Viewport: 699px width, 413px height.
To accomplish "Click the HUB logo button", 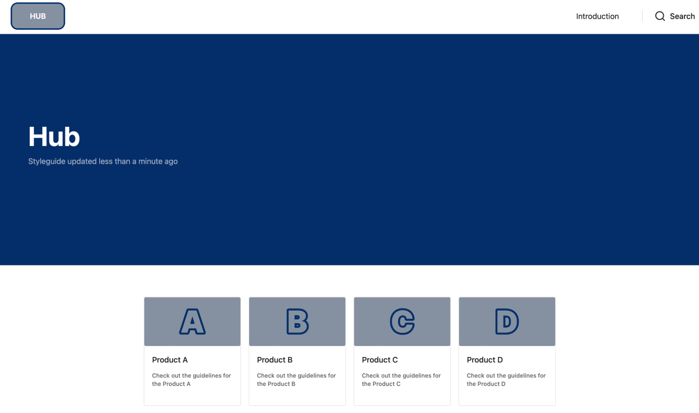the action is pyautogui.click(x=38, y=16).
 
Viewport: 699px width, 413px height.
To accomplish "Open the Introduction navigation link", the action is pyautogui.click(x=597, y=16).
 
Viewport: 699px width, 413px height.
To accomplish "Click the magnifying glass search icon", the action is pyautogui.click(x=660, y=16).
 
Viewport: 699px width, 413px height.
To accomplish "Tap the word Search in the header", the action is pyautogui.click(x=682, y=16).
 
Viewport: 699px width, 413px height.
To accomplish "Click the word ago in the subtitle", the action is pyautogui.click(x=171, y=162).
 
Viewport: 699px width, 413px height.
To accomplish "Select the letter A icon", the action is pyautogui.click(x=192, y=322).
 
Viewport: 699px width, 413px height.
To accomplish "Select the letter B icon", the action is pyautogui.click(x=298, y=322).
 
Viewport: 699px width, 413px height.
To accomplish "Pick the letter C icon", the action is pyautogui.click(x=402, y=322).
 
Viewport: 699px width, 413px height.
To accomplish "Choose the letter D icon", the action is pyautogui.click(x=507, y=322).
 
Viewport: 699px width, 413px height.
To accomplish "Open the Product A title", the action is pyautogui.click(x=170, y=360).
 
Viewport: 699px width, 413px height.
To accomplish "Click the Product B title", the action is pyautogui.click(x=275, y=360).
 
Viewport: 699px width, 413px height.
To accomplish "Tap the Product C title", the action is pyautogui.click(x=380, y=360).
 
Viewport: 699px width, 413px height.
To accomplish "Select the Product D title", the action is pyautogui.click(x=485, y=360).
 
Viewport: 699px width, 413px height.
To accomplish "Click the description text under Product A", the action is pyautogui.click(x=192, y=380).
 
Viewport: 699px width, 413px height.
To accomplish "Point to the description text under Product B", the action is pyautogui.click(x=297, y=380).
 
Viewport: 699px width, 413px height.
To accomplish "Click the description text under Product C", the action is pyautogui.click(x=401, y=380).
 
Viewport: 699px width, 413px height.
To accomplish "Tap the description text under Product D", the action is pyautogui.click(x=506, y=380).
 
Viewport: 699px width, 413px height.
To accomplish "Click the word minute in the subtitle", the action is pyautogui.click(x=150, y=161).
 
